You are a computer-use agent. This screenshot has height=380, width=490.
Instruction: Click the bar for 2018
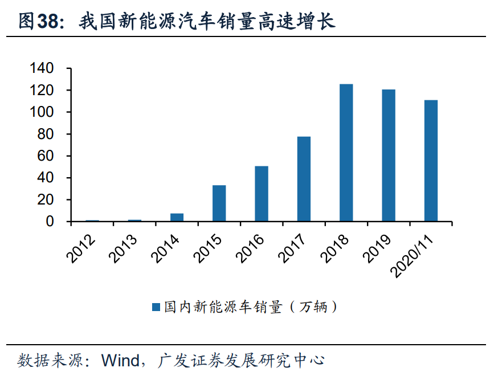point(346,153)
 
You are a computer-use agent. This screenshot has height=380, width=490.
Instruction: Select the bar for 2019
point(389,156)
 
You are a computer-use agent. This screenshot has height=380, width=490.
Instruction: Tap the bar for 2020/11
point(431,161)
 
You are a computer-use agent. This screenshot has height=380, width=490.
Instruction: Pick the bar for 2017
point(304,179)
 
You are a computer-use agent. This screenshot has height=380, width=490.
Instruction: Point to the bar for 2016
point(262,194)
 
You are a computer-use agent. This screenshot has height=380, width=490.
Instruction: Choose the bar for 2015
point(219,203)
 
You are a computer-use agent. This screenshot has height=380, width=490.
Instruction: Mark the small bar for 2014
point(177,217)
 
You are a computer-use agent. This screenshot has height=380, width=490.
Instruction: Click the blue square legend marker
point(156,308)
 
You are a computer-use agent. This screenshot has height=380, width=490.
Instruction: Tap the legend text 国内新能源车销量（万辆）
point(251,308)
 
